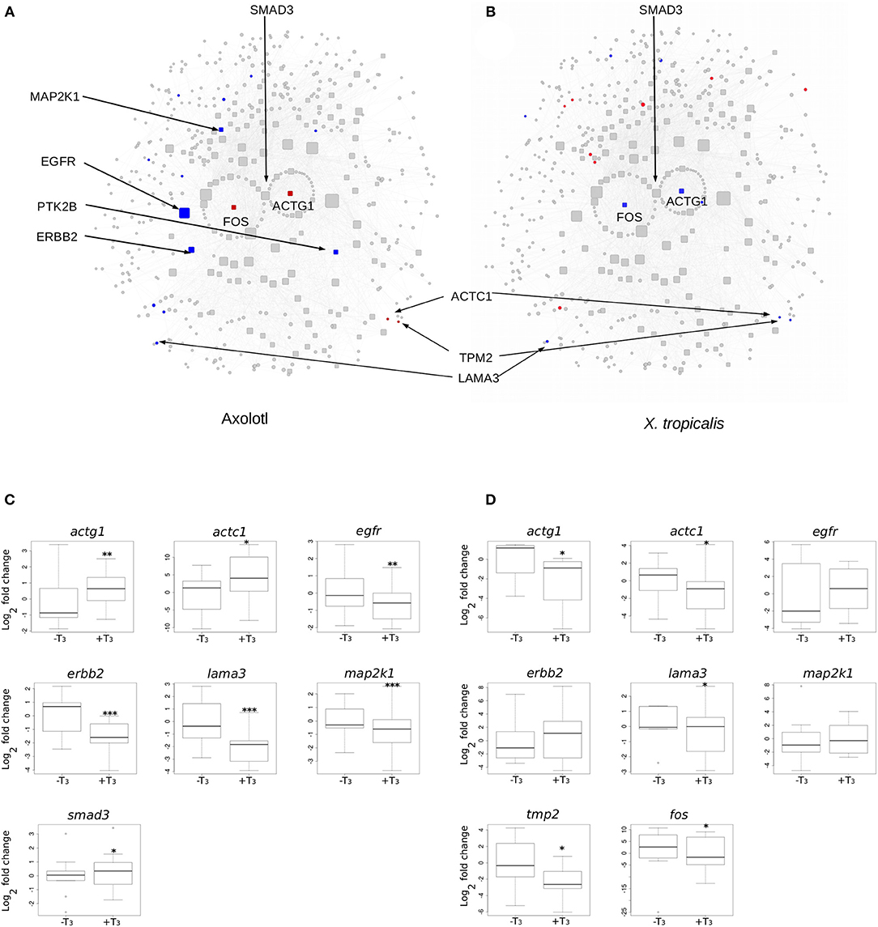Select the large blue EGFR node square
[x=184, y=212]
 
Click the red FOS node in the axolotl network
[x=233, y=207]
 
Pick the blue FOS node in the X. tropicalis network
[x=624, y=205]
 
